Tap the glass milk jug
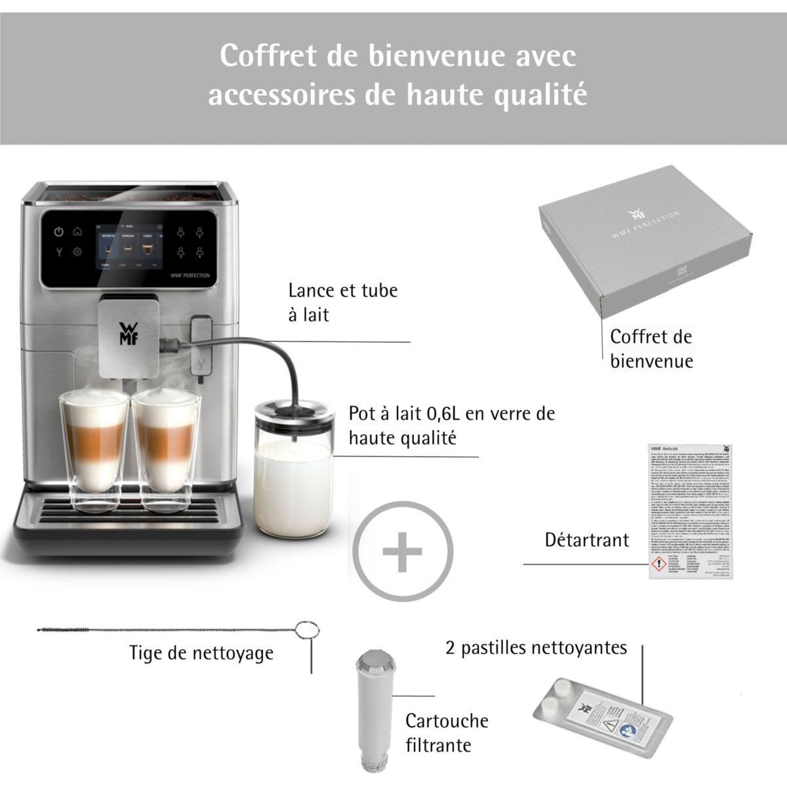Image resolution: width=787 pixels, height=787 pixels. tap(294, 472)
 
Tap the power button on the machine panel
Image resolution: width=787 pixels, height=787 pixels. tap(59, 231)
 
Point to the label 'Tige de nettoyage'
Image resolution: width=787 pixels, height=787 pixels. tap(201, 653)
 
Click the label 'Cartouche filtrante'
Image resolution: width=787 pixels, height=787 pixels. tap(447, 733)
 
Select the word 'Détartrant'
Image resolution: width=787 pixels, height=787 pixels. tap(587, 540)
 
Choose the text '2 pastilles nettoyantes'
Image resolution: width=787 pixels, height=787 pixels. tap(536, 648)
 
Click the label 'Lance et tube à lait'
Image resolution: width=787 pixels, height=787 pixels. tap(343, 302)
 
